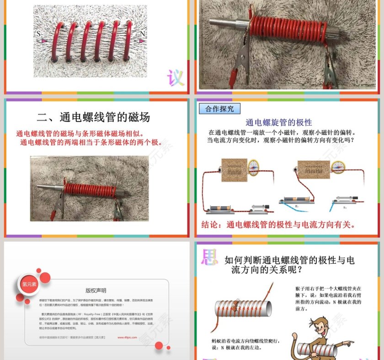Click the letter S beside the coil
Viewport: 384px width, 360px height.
coord(39,34)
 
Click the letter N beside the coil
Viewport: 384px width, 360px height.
coord(142,34)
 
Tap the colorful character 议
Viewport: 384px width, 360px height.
coord(175,78)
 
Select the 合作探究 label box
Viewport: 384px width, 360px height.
coord(219,109)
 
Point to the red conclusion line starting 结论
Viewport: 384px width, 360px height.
coord(278,225)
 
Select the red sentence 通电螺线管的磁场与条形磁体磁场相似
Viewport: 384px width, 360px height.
coord(80,134)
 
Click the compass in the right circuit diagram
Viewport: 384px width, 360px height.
coord(337,168)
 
